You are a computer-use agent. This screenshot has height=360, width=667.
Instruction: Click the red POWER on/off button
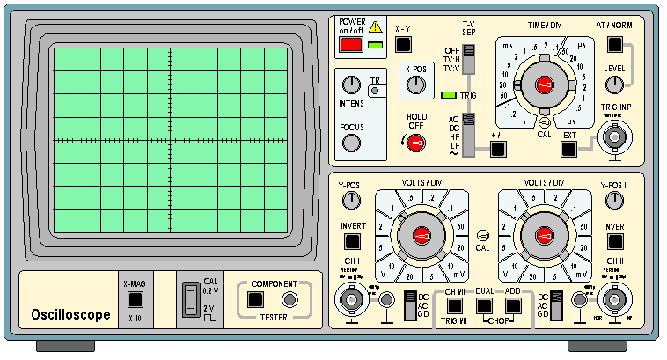point(351,44)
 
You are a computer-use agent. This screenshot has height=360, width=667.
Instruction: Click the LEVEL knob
point(614,84)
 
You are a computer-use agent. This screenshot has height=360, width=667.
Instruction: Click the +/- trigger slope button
point(499,148)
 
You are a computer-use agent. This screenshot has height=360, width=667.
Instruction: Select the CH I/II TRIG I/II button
point(455,306)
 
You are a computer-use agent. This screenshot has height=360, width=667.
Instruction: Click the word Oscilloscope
point(70,314)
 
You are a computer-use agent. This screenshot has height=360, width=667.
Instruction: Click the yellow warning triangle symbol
point(376,26)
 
